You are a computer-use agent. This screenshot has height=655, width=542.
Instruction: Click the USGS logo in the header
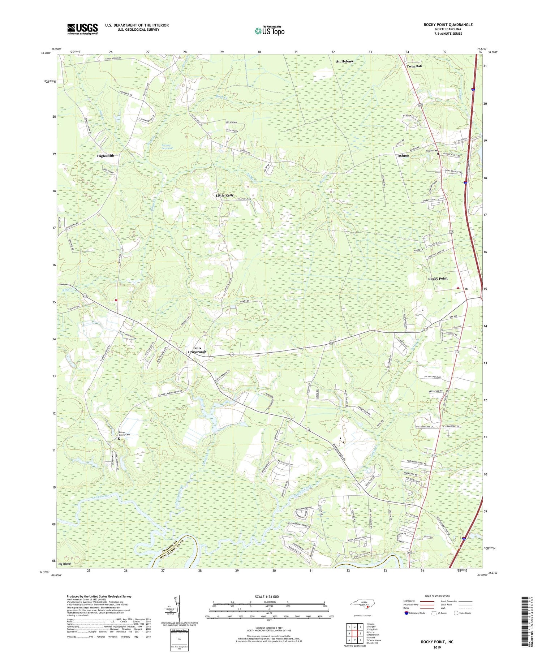pyautogui.click(x=82, y=29)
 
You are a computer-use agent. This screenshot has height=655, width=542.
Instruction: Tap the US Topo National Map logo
pyautogui.click(x=269, y=31)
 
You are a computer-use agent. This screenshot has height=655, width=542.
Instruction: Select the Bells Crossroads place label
pyautogui.click(x=197, y=350)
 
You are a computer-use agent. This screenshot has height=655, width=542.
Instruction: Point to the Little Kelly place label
pyautogui.click(x=225, y=195)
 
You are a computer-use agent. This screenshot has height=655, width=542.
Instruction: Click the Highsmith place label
pyautogui.click(x=106, y=156)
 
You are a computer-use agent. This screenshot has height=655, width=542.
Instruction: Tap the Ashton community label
pyautogui.click(x=403, y=156)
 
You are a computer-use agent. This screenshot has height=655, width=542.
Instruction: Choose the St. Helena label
pyautogui.click(x=344, y=61)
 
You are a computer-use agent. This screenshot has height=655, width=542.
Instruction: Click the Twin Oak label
pyautogui.click(x=414, y=66)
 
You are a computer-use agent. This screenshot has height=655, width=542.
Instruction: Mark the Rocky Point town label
pyautogui.click(x=438, y=279)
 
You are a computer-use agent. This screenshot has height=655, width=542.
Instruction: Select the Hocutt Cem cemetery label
pyautogui.click(x=431, y=151)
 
